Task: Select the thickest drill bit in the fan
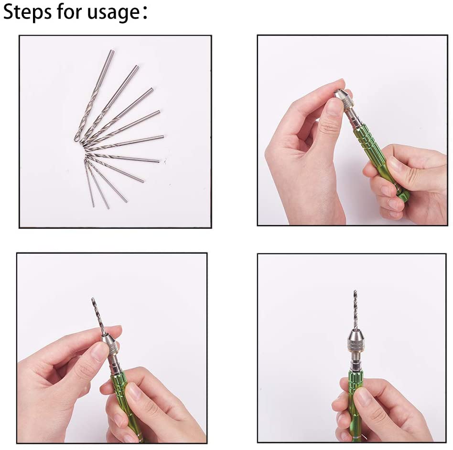(x=94, y=95)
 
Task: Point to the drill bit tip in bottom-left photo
(x=93, y=299)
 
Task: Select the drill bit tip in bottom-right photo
(x=355, y=291)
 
